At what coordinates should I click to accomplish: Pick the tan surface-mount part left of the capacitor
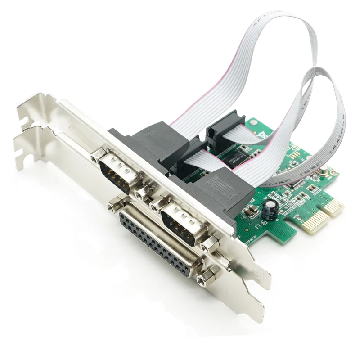click(249, 211)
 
